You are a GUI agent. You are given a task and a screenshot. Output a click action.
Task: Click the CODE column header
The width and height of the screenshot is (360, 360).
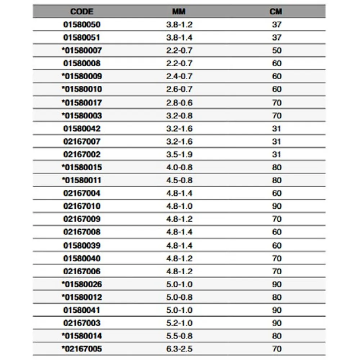pyautogui.click(x=82, y=12)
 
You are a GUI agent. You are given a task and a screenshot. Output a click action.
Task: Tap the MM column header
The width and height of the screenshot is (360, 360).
pyautogui.click(x=179, y=12)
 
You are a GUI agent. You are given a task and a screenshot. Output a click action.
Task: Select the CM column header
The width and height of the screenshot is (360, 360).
pyautogui.click(x=276, y=12)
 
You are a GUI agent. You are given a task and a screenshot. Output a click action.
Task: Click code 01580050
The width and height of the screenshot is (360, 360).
pyautogui.click(x=82, y=25)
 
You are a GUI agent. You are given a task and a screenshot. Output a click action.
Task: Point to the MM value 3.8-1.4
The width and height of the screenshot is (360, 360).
pyautogui.click(x=179, y=37)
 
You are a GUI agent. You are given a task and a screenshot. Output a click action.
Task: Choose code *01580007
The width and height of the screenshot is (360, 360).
pyautogui.click(x=82, y=50)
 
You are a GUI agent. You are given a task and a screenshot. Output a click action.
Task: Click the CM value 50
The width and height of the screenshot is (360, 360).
pyautogui.click(x=276, y=50)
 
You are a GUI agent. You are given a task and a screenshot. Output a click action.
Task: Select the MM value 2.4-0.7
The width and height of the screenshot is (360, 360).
pyautogui.click(x=179, y=76)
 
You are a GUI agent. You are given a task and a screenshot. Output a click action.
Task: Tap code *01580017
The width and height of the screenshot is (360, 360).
pyautogui.click(x=82, y=103)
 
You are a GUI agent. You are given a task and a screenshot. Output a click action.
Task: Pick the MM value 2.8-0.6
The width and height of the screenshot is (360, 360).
pyautogui.click(x=179, y=103)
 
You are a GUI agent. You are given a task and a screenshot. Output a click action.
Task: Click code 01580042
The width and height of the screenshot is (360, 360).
pyautogui.click(x=82, y=129)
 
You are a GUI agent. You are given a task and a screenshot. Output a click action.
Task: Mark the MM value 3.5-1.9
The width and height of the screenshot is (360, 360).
pyautogui.click(x=179, y=154)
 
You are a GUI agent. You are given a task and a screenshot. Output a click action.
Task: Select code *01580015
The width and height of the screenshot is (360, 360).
pyautogui.click(x=82, y=167)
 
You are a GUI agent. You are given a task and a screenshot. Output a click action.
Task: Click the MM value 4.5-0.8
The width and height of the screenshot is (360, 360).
pyautogui.click(x=179, y=180)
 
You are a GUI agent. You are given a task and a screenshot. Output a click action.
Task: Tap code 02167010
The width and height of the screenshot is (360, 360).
pyautogui.click(x=82, y=206)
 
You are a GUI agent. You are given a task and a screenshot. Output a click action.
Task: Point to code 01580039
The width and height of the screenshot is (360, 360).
pyautogui.click(x=82, y=246)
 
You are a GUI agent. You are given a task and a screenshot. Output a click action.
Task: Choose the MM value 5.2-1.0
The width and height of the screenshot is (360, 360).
pyautogui.click(x=179, y=323)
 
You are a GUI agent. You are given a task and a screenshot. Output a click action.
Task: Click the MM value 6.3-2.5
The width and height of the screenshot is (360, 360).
pyautogui.click(x=179, y=349)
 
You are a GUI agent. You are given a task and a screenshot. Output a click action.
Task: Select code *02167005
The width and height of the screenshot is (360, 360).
pyautogui.click(x=82, y=349)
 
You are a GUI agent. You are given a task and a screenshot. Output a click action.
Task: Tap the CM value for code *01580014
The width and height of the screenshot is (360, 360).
pyautogui.click(x=276, y=336)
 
